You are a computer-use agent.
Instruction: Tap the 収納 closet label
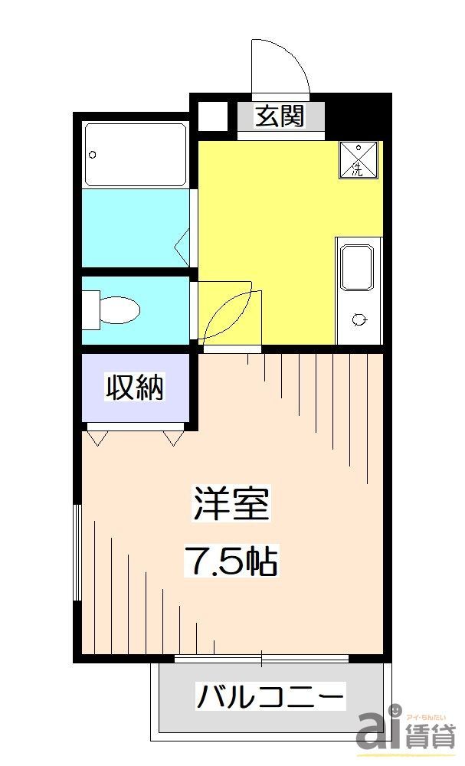(x=135, y=388)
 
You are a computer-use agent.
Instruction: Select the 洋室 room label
(x=231, y=505)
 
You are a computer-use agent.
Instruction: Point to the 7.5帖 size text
(x=230, y=563)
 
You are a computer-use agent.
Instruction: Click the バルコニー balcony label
(x=270, y=697)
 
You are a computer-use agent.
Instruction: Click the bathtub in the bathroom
(x=136, y=154)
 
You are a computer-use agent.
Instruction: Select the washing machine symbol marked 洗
(x=358, y=160)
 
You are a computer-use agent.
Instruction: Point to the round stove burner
(x=358, y=319)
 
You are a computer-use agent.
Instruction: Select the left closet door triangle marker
(x=98, y=437)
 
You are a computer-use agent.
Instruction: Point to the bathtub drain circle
(x=93, y=154)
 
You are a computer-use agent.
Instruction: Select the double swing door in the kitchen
(x=230, y=314)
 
